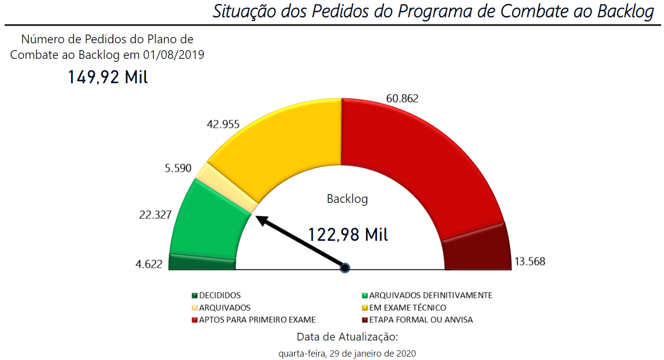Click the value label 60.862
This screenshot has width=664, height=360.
(x=402, y=98)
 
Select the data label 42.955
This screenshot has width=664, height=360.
(x=223, y=124)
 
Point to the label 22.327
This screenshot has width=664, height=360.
(x=155, y=215)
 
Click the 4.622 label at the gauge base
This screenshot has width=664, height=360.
(x=149, y=265)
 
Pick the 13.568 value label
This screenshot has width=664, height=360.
(x=530, y=261)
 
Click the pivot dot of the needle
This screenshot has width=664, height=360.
(x=345, y=268)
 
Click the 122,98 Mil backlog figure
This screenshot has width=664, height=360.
(x=348, y=234)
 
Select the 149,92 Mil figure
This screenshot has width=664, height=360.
(x=108, y=77)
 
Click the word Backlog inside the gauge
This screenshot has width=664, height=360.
(x=347, y=198)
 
